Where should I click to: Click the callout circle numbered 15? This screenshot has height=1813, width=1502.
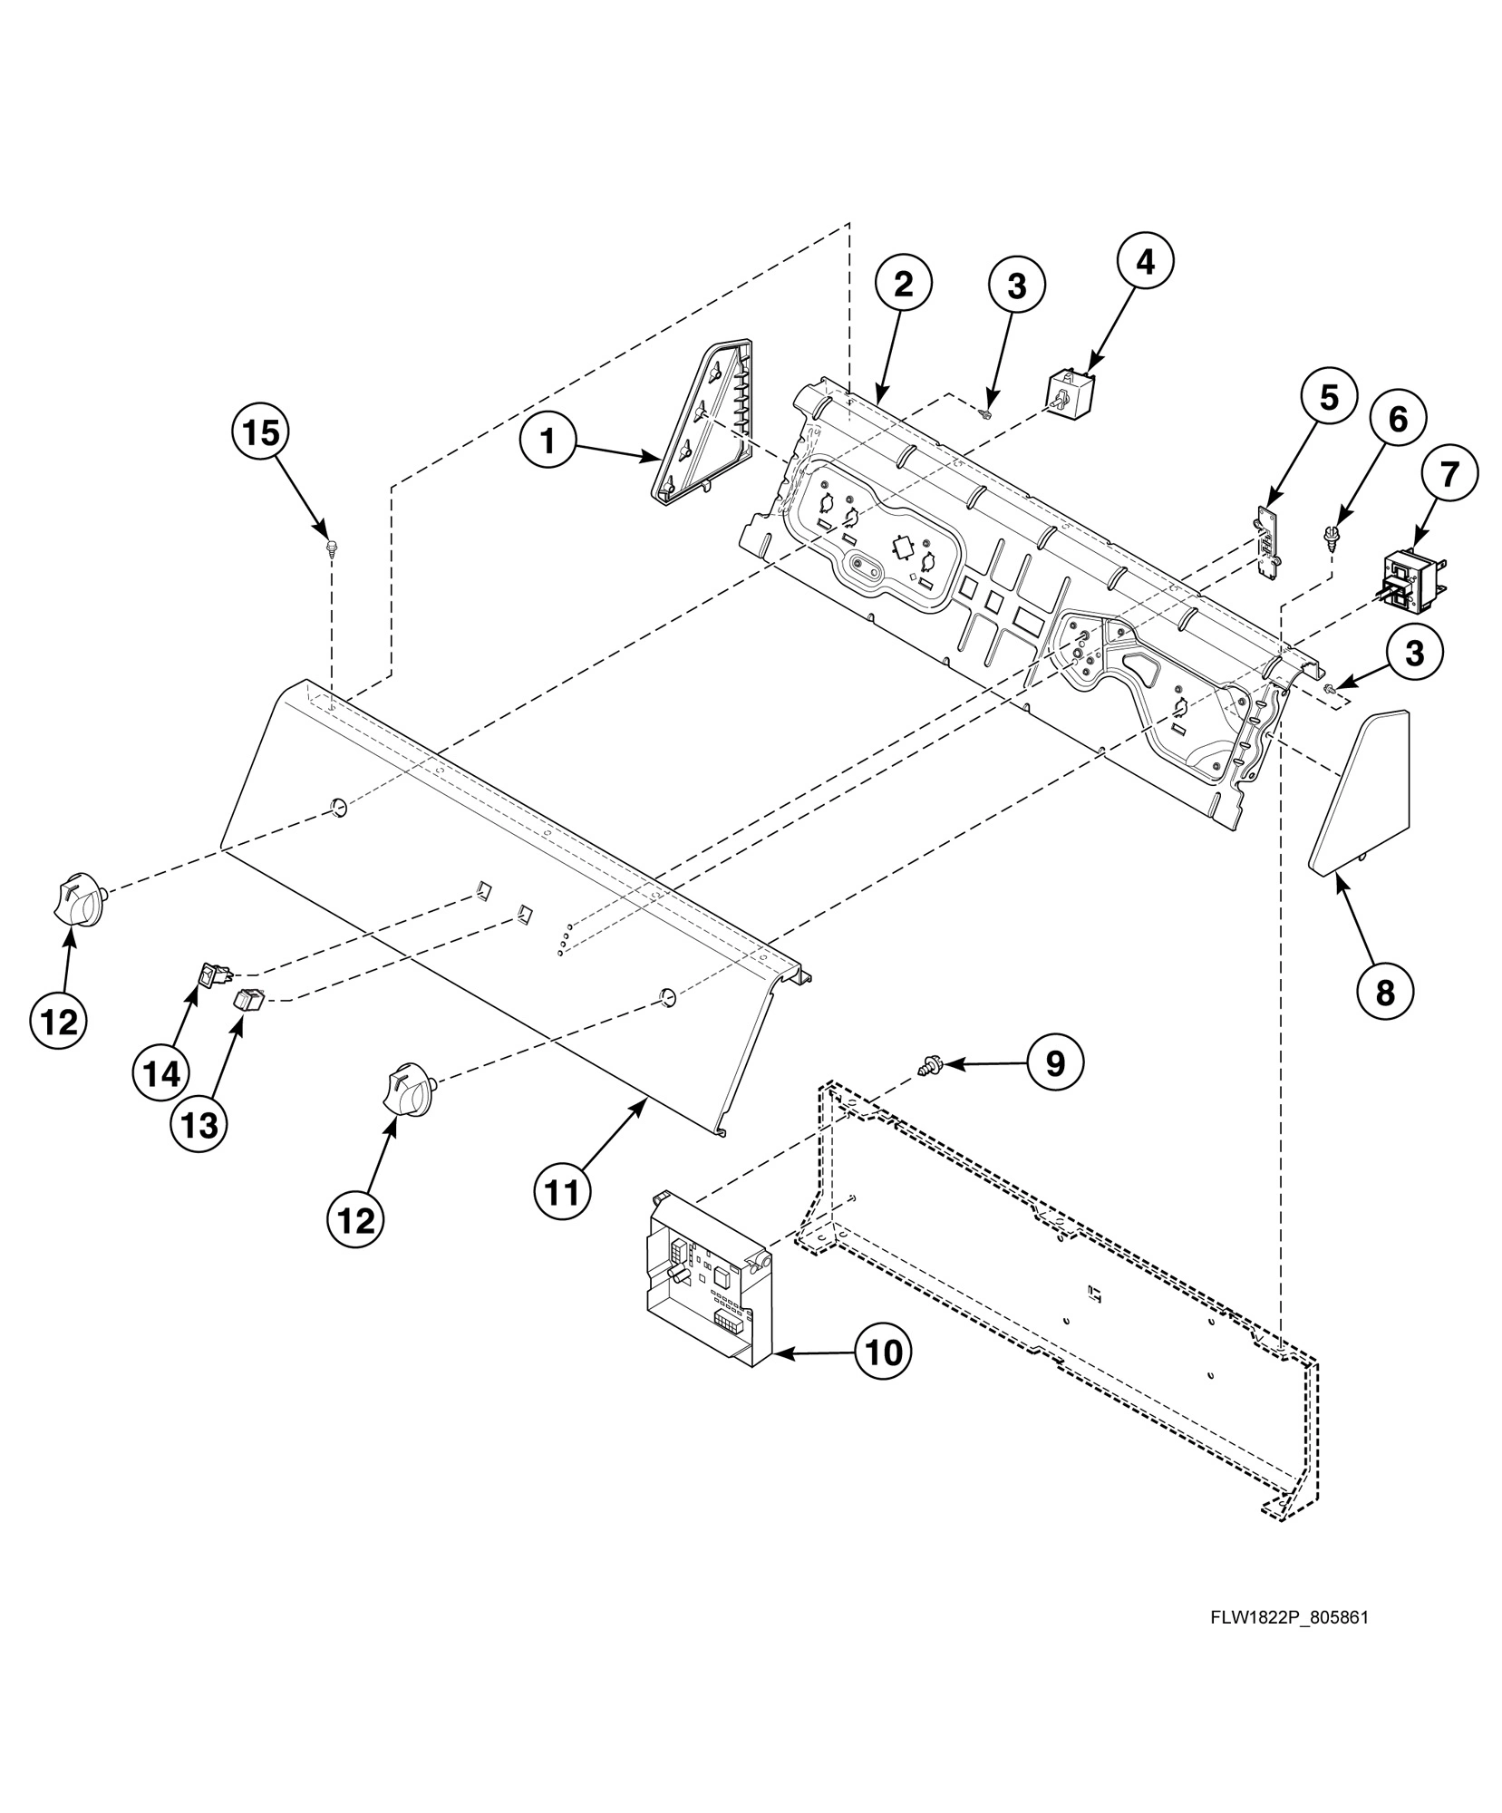pos(261,433)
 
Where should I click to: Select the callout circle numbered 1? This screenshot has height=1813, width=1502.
pos(548,441)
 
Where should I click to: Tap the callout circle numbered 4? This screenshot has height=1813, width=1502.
pos(1145,261)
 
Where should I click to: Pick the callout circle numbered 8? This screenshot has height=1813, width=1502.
pos(1385,994)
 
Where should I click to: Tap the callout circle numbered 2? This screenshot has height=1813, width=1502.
pos(903,285)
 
